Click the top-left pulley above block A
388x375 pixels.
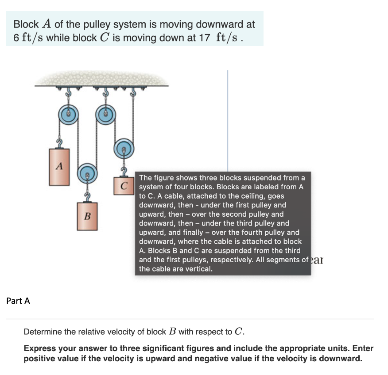tap(69, 114)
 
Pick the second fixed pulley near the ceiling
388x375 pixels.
tap(105, 114)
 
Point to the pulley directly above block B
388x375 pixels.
tap(87, 174)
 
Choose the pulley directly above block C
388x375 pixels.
tap(124, 150)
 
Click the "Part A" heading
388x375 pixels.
tap(18, 301)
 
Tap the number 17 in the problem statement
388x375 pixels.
tap(204, 38)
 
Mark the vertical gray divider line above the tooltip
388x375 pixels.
tap(228, 119)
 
